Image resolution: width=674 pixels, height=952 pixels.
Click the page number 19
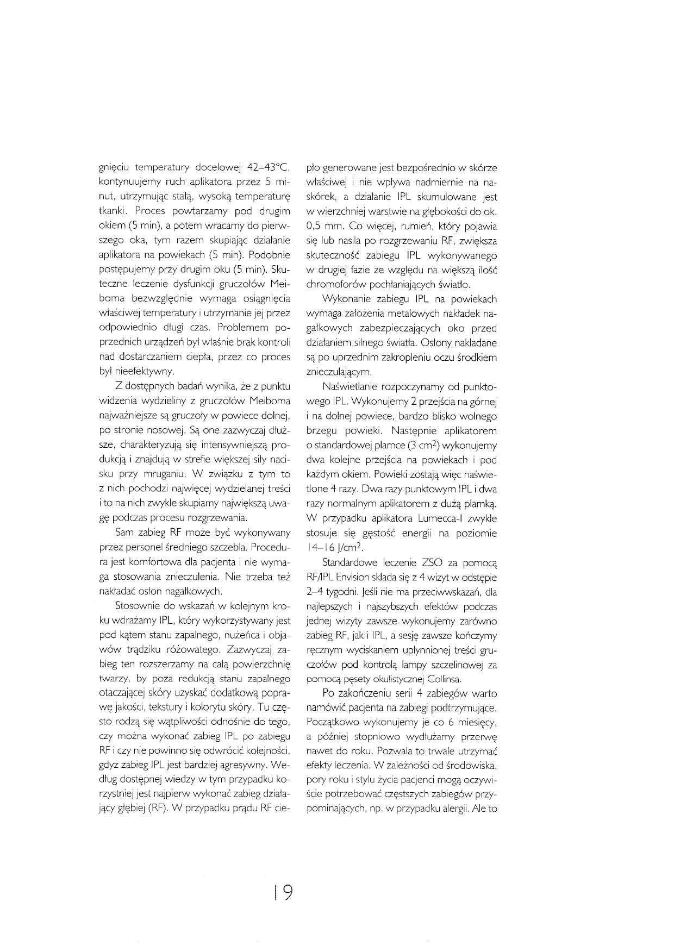tap(283, 892)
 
